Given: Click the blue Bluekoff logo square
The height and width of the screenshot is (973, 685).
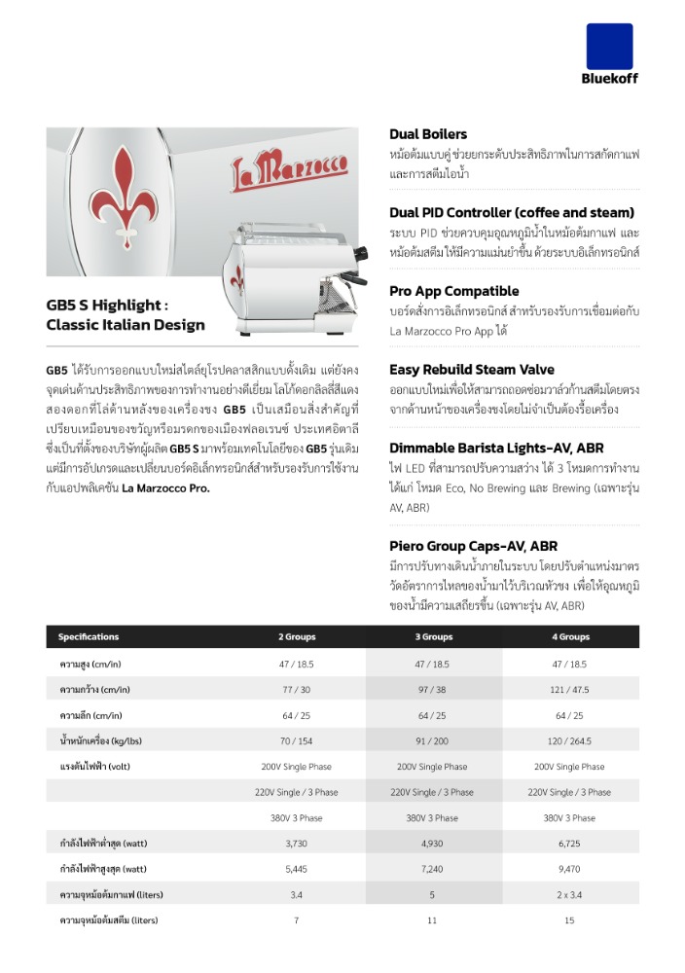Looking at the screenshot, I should click(x=609, y=46).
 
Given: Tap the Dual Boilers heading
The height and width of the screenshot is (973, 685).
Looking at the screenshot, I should click(x=428, y=134).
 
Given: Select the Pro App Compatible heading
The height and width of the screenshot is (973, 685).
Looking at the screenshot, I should click(x=453, y=291).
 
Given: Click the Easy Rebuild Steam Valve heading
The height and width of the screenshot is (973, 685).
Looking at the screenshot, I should click(x=472, y=370).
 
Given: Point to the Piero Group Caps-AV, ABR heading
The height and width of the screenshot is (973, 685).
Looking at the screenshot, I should click(x=473, y=546).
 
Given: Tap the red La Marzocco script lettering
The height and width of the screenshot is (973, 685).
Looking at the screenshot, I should click(x=289, y=172).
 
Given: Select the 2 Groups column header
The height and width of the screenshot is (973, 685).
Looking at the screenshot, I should click(x=297, y=637).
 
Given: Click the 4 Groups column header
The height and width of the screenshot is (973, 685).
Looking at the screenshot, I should click(x=570, y=637).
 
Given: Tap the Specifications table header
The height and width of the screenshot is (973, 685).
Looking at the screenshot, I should click(x=89, y=637).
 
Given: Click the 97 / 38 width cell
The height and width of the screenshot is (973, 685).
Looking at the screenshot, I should click(x=433, y=689).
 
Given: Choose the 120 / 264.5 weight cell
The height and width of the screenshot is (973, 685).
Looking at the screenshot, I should click(x=569, y=740).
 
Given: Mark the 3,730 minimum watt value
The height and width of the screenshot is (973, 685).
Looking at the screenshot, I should click(x=297, y=843).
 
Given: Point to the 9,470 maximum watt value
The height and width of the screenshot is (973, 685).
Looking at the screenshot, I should click(x=569, y=868).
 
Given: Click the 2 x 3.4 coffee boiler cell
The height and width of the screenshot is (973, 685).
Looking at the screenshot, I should click(x=569, y=894).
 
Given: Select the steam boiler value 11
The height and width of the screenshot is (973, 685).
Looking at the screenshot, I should click(x=433, y=919).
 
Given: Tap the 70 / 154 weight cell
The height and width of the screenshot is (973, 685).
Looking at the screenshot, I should click(x=297, y=740).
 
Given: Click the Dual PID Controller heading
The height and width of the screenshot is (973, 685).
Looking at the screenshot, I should click(x=512, y=212).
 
